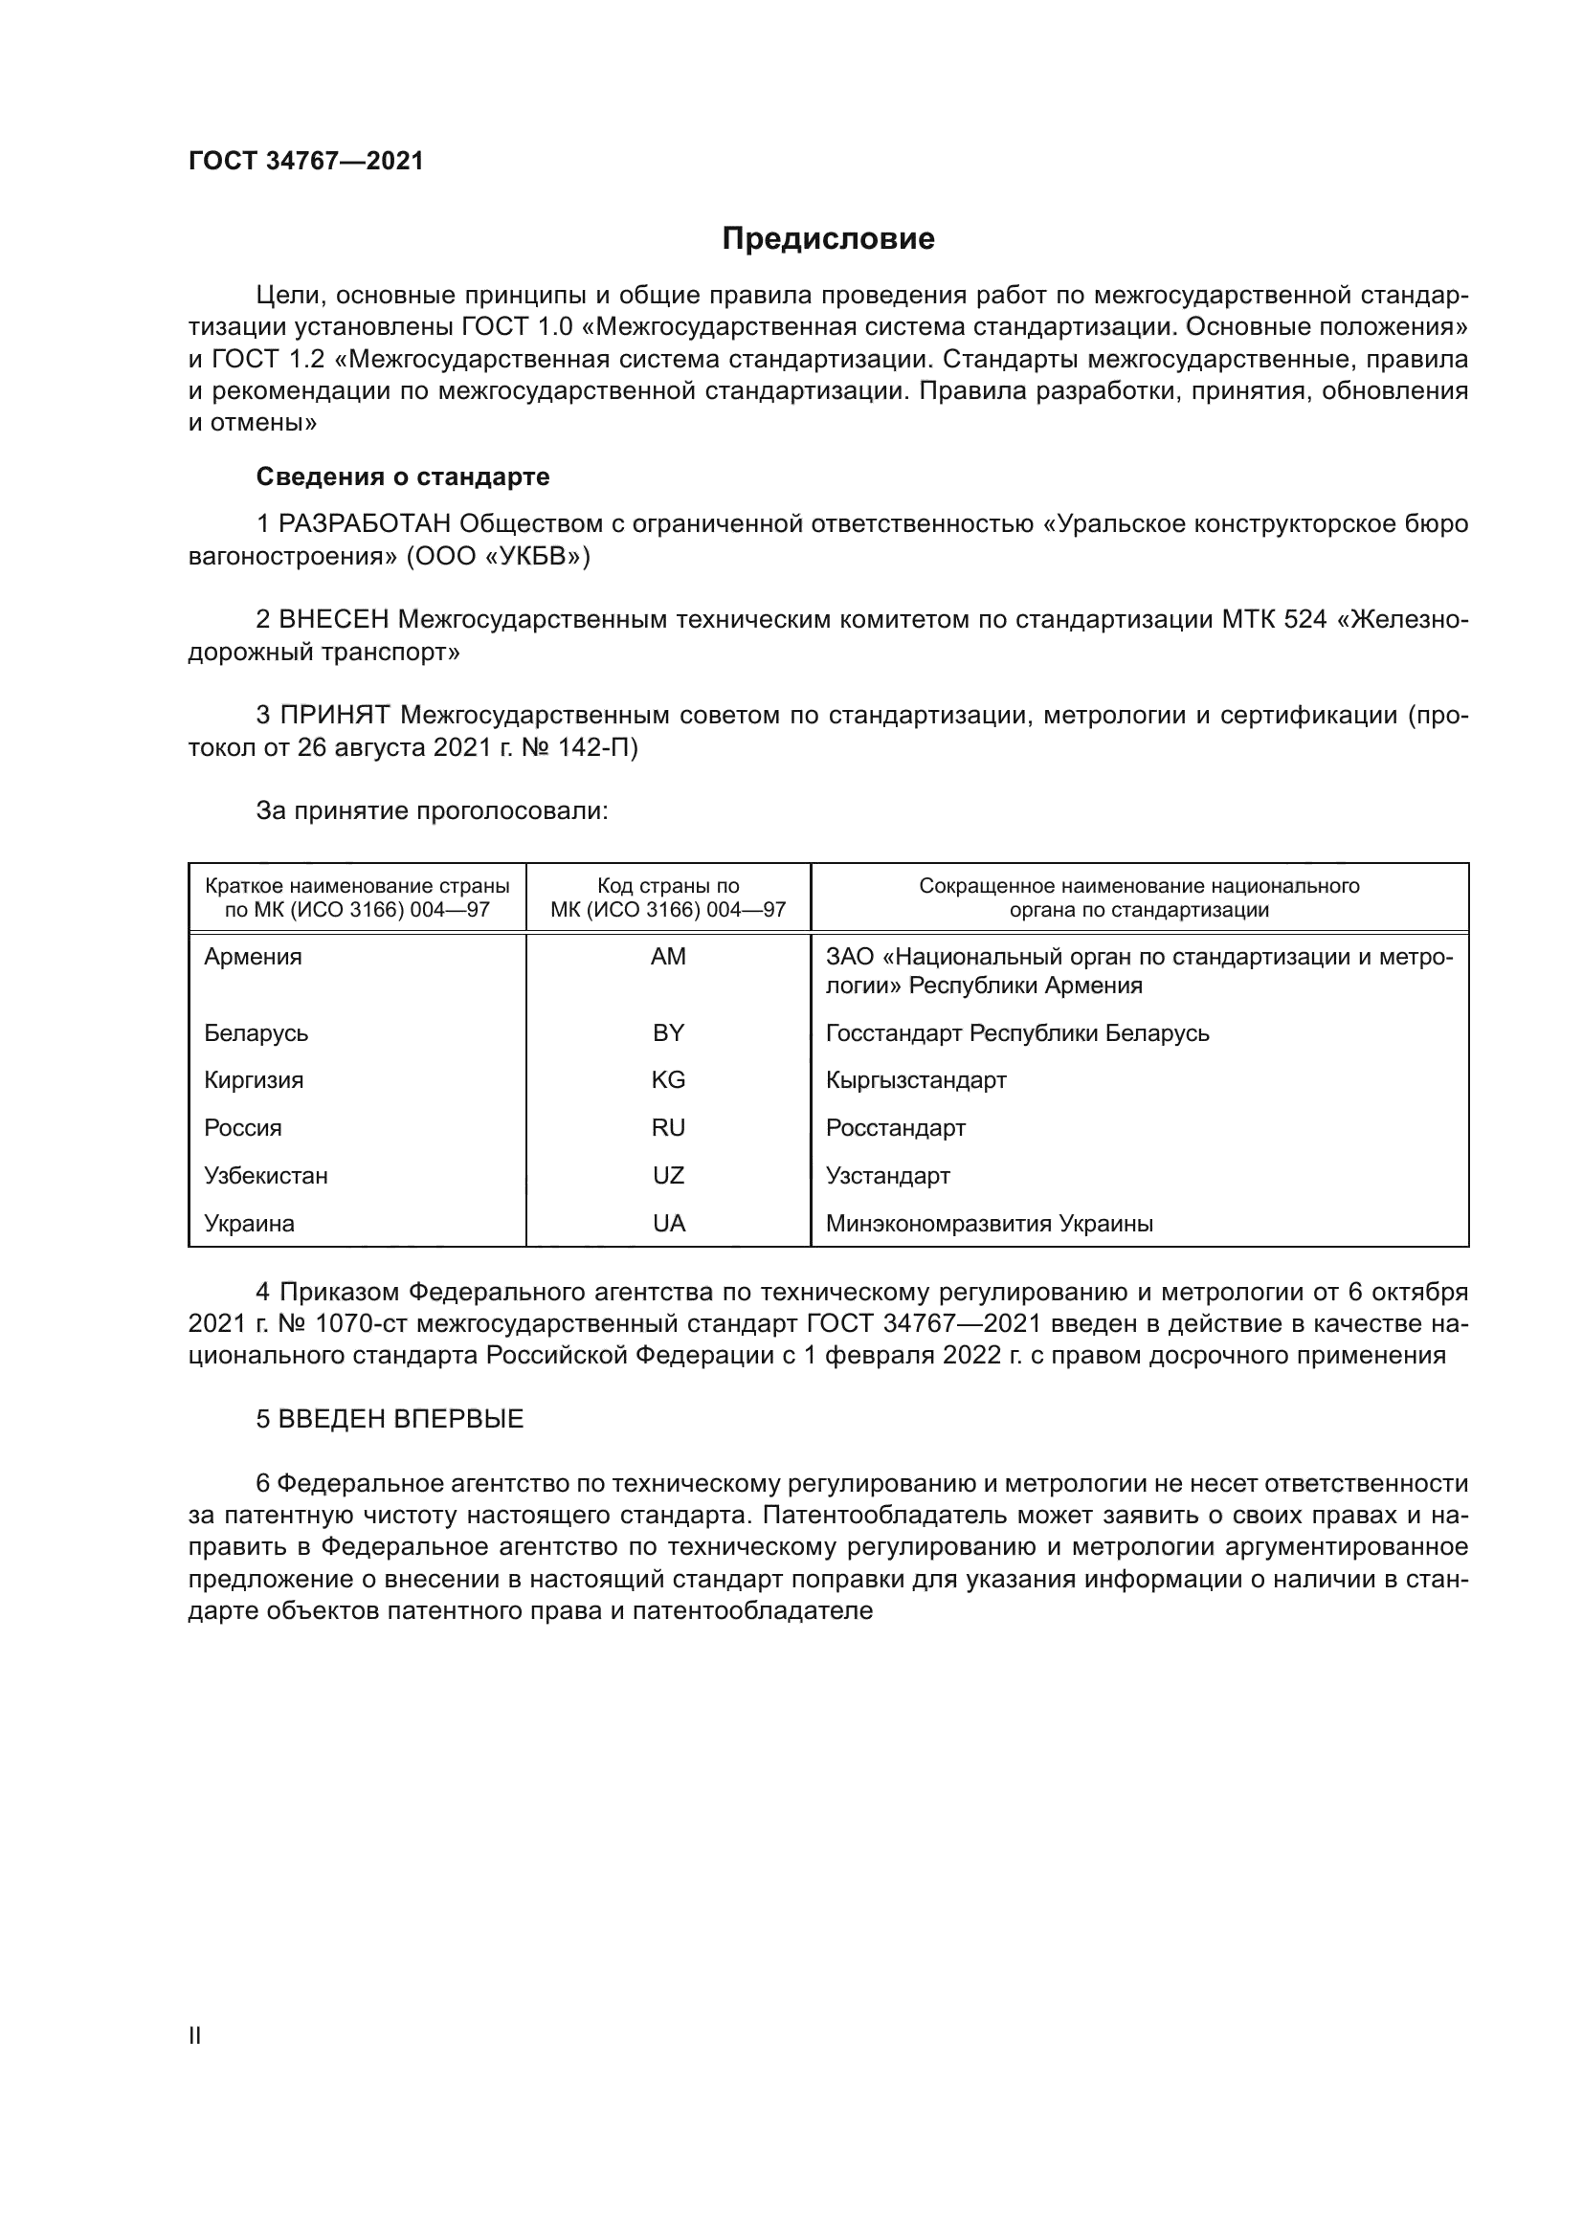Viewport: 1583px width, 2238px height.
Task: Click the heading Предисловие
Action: coord(828,239)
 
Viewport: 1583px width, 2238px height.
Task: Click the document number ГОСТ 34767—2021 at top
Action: coord(306,162)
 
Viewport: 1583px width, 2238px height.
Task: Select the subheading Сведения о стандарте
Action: coord(403,476)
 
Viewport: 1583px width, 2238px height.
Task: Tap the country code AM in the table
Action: coord(668,956)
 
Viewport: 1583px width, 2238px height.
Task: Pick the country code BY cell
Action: coord(668,1032)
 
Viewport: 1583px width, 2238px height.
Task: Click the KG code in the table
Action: coord(668,1080)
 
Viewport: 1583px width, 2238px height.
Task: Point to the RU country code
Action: coord(668,1128)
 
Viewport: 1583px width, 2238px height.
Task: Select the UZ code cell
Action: coord(668,1176)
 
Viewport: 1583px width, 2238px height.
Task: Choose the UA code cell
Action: coord(668,1224)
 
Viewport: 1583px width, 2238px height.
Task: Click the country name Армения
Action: coord(253,956)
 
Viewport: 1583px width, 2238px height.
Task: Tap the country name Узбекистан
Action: coord(265,1176)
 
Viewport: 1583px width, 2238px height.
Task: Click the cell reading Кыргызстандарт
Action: coord(915,1080)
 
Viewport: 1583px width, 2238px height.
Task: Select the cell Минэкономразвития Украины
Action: coord(989,1224)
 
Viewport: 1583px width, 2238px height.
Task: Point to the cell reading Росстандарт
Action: coord(895,1128)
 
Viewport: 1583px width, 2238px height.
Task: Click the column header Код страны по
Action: coord(668,886)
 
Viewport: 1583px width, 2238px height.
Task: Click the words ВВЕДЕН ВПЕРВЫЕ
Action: coord(401,1419)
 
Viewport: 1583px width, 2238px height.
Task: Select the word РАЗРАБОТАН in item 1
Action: coord(365,524)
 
